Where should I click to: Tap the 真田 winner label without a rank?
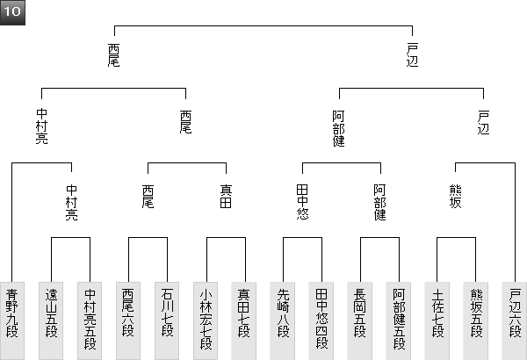click(x=225, y=196)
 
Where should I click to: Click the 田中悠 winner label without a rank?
click(x=302, y=201)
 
